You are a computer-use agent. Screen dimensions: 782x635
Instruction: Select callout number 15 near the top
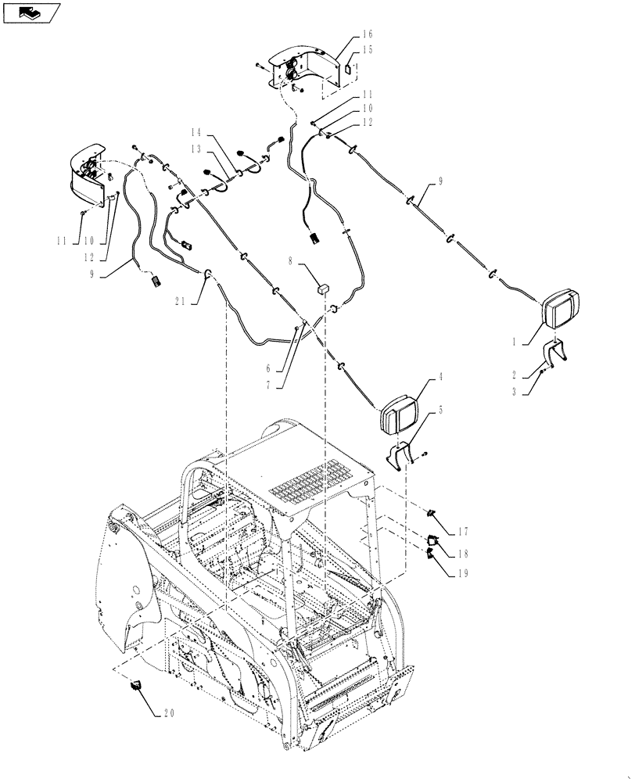pyautogui.click(x=368, y=49)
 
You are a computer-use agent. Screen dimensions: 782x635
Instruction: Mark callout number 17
pyautogui.click(x=462, y=533)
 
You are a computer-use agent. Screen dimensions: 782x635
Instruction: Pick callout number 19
pyautogui.click(x=462, y=572)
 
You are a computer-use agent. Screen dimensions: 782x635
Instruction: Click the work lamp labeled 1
pyautogui.click(x=561, y=309)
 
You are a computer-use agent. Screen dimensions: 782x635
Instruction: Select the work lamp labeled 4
pyautogui.click(x=400, y=412)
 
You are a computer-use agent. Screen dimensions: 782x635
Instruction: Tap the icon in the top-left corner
pyautogui.click(x=30, y=12)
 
